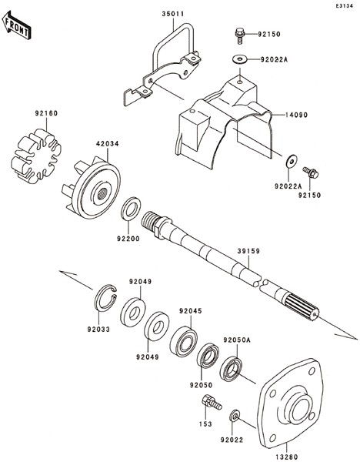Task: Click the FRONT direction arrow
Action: (16, 25)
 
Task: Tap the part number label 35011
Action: (173, 14)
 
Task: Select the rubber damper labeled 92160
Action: (36, 156)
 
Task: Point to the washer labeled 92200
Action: (131, 209)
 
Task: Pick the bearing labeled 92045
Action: (184, 341)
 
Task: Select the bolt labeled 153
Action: (212, 402)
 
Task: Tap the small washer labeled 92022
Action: (235, 415)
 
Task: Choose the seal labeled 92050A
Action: (231, 369)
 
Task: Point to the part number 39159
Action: (248, 251)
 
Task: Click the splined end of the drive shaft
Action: (302, 309)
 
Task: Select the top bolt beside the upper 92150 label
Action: (240, 35)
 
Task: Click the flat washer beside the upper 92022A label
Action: (239, 59)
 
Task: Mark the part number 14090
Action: (296, 115)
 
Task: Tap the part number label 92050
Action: (201, 385)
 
